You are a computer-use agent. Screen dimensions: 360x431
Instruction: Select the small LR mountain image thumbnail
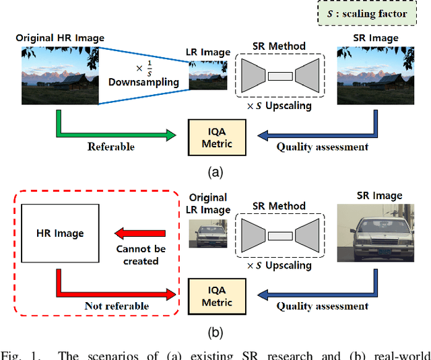click(x=207, y=74)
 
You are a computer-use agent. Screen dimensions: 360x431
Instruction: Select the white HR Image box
click(x=60, y=233)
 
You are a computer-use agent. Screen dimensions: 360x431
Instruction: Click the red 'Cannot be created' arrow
click(x=141, y=234)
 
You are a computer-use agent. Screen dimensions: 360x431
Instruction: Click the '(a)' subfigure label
click(x=215, y=172)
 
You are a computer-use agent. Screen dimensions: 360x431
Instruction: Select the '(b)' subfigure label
click(x=215, y=331)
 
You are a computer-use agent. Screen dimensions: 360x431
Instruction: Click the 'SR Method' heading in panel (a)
click(x=279, y=46)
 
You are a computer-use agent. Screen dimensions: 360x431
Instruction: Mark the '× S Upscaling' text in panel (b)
click(x=279, y=265)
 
